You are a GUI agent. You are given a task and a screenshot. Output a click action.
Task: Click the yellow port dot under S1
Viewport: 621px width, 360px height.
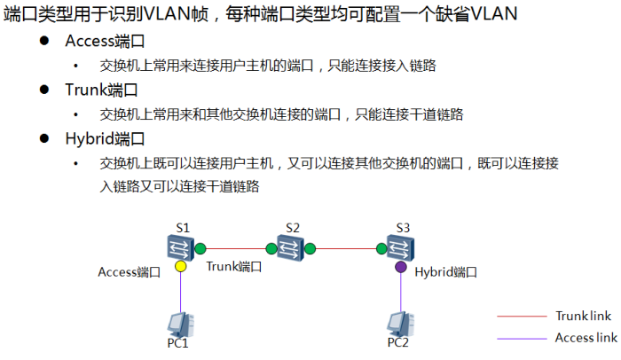[180, 265]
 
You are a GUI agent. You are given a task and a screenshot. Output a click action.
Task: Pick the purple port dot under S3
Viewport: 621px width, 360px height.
[401, 266]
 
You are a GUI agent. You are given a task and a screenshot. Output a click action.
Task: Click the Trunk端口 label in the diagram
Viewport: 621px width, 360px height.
[234, 266]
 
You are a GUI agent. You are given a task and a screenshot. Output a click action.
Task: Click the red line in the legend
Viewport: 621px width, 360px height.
[522, 316]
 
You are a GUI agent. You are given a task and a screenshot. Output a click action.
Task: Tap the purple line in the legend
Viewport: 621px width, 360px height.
[522, 338]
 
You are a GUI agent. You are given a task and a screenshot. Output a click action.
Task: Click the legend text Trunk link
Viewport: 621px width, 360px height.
[583, 316]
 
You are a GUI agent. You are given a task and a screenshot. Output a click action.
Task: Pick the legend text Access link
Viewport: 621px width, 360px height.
[586, 338]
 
